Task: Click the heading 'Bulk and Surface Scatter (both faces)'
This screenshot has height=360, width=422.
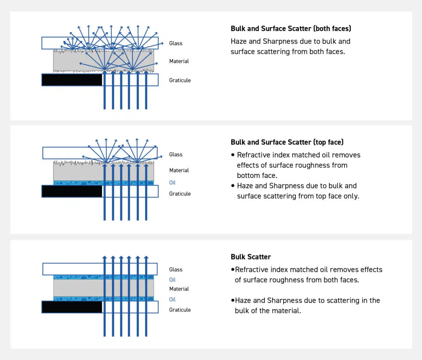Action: [291, 29]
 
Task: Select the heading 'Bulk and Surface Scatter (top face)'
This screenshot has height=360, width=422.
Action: [287, 142]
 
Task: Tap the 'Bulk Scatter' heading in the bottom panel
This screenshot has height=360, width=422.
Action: [251, 257]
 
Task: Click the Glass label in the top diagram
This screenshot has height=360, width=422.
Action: [176, 43]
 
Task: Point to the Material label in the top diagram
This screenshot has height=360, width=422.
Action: [179, 61]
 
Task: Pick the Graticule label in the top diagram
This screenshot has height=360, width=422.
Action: [180, 80]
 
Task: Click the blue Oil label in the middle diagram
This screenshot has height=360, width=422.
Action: [172, 183]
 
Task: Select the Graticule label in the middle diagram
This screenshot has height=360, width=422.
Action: [180, 194]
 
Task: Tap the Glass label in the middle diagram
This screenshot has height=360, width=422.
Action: [176, 155]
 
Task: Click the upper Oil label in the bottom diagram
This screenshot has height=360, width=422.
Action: [172, 280]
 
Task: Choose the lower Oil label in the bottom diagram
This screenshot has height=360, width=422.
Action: [172, 300]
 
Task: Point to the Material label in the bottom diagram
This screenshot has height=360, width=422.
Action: [179, 289]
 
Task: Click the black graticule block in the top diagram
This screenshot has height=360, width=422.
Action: [72, 80]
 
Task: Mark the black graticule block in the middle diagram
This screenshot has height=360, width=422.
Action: [72, 191]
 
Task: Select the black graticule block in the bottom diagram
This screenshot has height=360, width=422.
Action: [72, 307]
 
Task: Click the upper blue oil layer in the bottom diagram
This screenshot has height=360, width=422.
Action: [78, 277]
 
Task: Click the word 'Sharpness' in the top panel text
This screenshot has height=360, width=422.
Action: [281, 41]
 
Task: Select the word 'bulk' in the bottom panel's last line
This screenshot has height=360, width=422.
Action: [243, 311]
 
